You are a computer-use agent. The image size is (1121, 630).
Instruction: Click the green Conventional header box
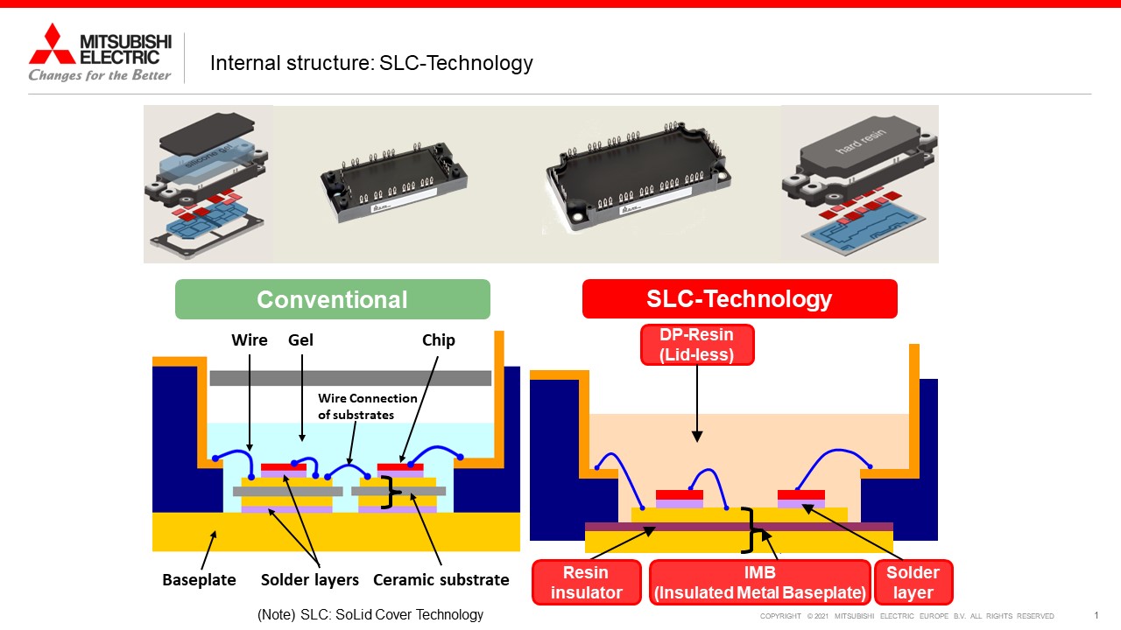click(332, 299)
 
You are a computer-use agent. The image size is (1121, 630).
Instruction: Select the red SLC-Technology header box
click(740, 298)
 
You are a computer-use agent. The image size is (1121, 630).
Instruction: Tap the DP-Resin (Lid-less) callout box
click(696, 345)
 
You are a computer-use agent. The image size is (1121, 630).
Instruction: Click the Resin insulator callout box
click(586, 582)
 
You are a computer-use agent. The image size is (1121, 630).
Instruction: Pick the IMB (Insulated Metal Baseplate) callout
click(759, 582)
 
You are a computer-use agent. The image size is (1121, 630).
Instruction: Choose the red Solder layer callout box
click(913, 582)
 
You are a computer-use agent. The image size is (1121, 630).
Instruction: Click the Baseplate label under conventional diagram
click(199, 579)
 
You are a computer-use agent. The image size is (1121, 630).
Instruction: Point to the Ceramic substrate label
click(441, 579)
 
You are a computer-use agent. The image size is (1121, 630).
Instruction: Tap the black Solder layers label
click(310, 579)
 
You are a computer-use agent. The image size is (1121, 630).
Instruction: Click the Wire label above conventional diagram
click(250, 340)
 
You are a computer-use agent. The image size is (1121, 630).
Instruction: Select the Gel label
click(300, 340)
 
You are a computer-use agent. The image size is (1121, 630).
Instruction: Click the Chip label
click(439, 340)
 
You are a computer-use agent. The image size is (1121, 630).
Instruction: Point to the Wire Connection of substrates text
click(367, 407)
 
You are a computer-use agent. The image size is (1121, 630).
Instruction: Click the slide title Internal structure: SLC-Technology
click(371, 63)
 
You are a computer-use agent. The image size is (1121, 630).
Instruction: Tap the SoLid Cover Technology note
click(370, 614)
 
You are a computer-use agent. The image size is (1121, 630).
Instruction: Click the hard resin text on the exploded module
click(860, 141)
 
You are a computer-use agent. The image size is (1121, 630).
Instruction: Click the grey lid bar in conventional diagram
click(350, 378)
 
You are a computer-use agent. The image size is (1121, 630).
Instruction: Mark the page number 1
click(1096, 615)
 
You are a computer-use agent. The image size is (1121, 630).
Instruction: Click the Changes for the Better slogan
click(100, 75)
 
